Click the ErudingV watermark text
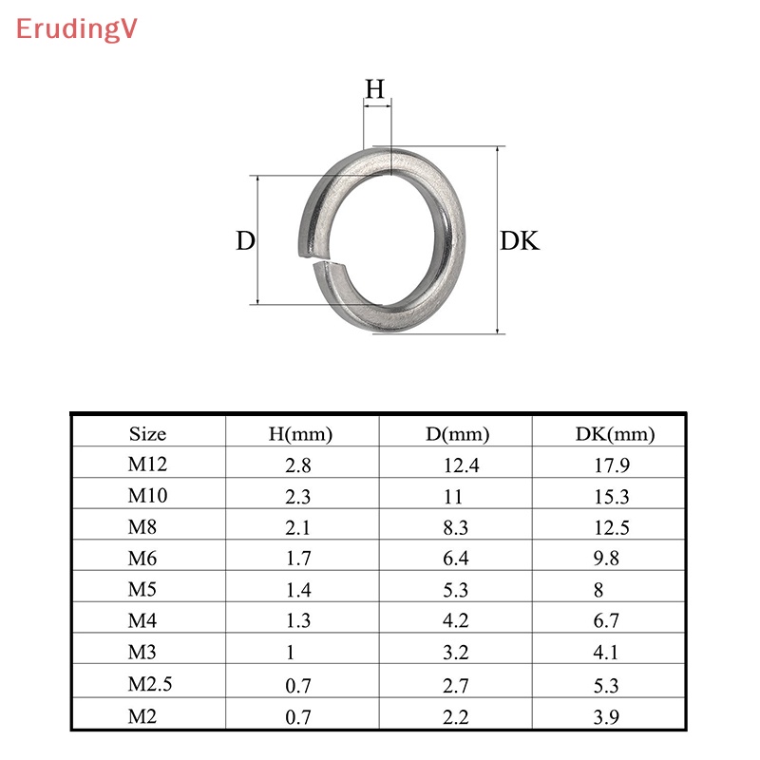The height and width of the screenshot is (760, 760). (x=76, y=29)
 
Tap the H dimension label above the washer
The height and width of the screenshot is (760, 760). (x=375, y=89)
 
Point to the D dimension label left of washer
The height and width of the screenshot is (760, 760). (x=246, y=241)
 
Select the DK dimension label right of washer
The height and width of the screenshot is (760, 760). (x=520, y=241)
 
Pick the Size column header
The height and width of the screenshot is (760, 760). (x=147, y=434)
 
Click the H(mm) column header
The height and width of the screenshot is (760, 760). (x=301, y=434)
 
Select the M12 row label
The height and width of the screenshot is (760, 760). (x=147, y=465)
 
